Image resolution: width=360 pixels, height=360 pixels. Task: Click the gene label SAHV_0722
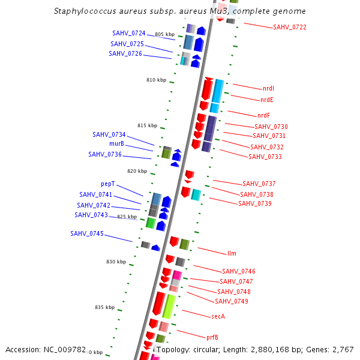[x=289, y=28]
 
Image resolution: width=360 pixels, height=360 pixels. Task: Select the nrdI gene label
[x=268, y=89]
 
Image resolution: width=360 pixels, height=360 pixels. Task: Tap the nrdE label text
[x=267, y=100]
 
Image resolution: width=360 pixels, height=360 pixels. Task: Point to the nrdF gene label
[x=263, y=115]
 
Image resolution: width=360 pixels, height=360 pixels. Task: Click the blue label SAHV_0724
[x=128, y=33]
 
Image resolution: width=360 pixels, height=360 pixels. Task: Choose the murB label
[x=116, y=144]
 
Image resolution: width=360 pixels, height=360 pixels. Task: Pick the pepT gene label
[x=107, y=184]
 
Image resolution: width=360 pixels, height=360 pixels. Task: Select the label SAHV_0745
[x=87, y=233]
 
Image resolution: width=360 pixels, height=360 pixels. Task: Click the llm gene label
[x=232, y=253]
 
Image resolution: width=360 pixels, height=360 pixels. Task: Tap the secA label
[x=218, y=316]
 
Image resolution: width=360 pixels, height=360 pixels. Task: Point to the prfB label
[x=212, y=337]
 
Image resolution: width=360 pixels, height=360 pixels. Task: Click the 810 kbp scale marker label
[x=156, y=80]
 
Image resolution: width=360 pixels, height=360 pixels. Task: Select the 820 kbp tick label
[x=137, y=171]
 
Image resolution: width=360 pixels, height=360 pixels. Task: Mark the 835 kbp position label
[x=104, y=307]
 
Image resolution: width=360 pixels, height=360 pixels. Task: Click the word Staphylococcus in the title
[x=83, y=11]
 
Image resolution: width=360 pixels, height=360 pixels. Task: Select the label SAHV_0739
[x=254, y=204]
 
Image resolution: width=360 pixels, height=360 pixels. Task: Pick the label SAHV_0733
[x=265, y=157]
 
